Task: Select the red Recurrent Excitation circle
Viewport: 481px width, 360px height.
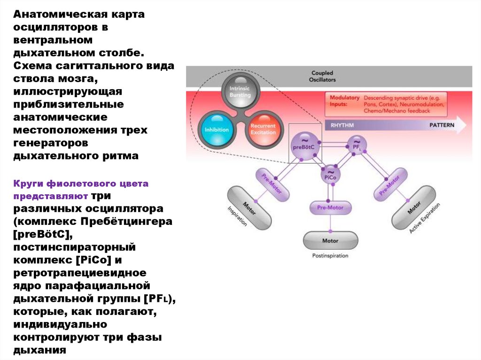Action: (263, 129)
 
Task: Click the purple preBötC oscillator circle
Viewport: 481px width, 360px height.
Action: (303, 146)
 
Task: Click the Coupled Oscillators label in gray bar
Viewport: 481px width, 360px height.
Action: (322, 77)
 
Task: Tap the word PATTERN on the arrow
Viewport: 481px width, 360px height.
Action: (442, 126)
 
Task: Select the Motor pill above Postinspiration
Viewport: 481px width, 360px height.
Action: (330, 241)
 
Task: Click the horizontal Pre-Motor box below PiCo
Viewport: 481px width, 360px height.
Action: (330, 207)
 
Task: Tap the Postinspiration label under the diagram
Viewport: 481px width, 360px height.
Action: (330, 256)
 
